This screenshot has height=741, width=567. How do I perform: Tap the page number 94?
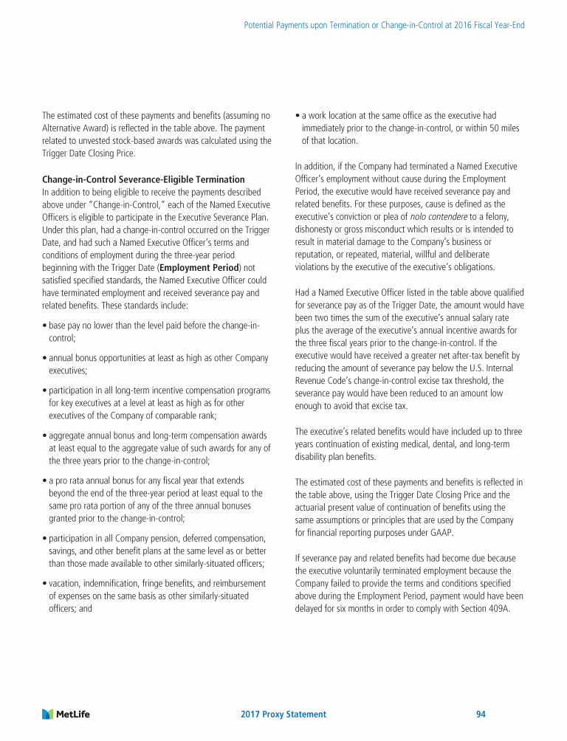(481, 714)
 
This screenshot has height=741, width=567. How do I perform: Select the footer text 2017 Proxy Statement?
(283, 714)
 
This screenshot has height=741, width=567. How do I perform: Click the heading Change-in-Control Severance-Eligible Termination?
(143, 179)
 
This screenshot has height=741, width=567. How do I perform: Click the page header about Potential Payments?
(384, 25)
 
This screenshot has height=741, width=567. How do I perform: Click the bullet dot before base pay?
(44, 325)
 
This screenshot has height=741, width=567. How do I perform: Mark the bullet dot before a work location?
(297, 116)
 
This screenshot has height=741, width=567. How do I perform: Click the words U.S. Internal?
(499, 368)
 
